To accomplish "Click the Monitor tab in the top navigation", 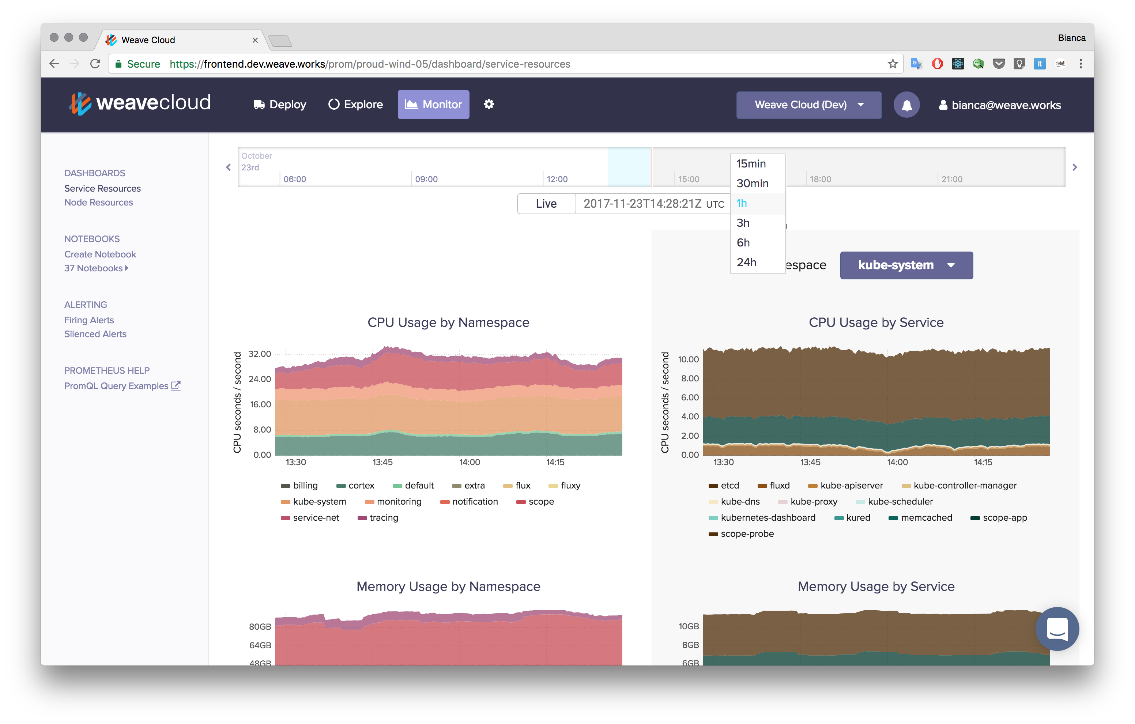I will click(x=433, y=104).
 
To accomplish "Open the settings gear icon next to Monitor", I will click(x=489, y=104).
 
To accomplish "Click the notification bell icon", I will click(x=906, y=105).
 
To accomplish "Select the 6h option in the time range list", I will click(x=743, y=242).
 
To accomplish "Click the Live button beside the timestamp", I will click(x=546, y=204).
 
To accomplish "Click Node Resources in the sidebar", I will click(x=98, y=202).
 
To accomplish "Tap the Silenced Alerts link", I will click(x=95, y=334).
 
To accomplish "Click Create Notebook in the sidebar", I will click(x=100, y=254).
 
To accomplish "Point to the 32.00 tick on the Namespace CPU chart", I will click(x=260, y=354).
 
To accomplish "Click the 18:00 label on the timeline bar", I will click(x=820, y=179).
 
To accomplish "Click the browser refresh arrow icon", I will click(x=95, y=64).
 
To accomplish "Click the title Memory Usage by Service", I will click(x=876, y=587).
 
